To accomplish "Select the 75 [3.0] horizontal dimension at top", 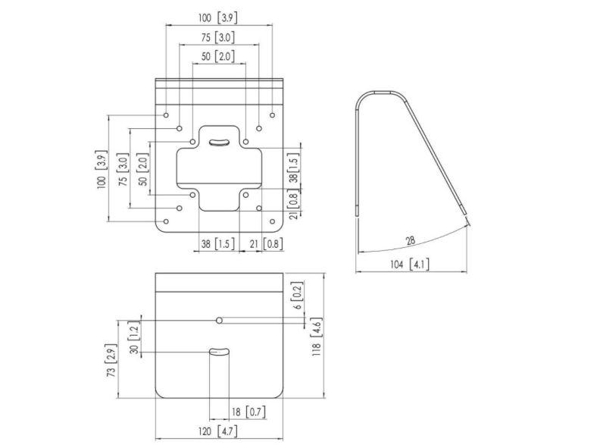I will pyautogui.click(x=218, y=37).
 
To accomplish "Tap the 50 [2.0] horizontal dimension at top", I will pyautogui.click(x=218, y=57).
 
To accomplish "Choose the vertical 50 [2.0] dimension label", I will pyautogui.click(x=142, y=168).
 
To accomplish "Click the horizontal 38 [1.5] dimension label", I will pyautogui.click(x=217, y=244).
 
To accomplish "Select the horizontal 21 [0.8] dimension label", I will pyautogui.click(x=261, y=244).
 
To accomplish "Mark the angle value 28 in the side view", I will pyautogui.click(x=410, y=240).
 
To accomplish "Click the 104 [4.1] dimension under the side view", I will pyautogui.click(x=410, y=264).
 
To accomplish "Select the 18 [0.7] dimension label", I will pyautogui.click(x=246, y=412).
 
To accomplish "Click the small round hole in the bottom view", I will pyautogui.click(x=219, y=321).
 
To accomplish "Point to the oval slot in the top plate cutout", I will pyautogui.click(x=220, y=142).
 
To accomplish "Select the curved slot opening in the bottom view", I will pyautogui.click(x=219, y=352).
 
